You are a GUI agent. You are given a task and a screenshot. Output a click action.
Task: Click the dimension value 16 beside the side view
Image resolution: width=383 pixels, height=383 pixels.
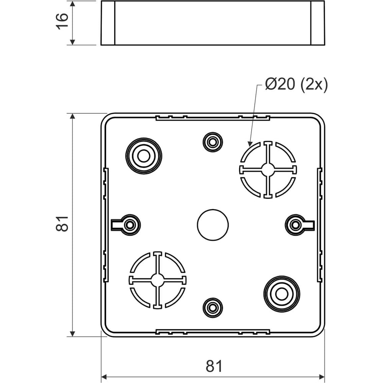coord(62,21)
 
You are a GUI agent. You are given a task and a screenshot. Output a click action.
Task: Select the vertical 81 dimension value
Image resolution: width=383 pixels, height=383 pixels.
coord(62,224)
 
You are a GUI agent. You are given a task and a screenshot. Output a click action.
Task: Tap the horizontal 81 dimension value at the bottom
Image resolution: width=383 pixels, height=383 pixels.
coord(214,366)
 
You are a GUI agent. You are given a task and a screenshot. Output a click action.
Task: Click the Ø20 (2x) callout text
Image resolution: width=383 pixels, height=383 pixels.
coord(296,85)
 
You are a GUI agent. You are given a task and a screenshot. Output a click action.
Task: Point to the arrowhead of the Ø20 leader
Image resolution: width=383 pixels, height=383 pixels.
coord(250,144)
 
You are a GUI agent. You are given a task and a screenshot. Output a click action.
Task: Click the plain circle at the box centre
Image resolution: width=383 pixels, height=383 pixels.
coord(213,225)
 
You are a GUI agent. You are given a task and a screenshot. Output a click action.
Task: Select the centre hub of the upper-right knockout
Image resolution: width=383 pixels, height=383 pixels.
coord(268,169)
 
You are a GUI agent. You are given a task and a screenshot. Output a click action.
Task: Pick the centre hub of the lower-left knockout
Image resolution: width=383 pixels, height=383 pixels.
coord(157,280)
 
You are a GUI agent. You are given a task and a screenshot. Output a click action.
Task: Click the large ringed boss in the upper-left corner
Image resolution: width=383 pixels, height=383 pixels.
coord(144,156)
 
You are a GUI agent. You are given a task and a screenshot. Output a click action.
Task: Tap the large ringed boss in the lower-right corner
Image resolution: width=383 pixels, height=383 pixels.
coord(282,294)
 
